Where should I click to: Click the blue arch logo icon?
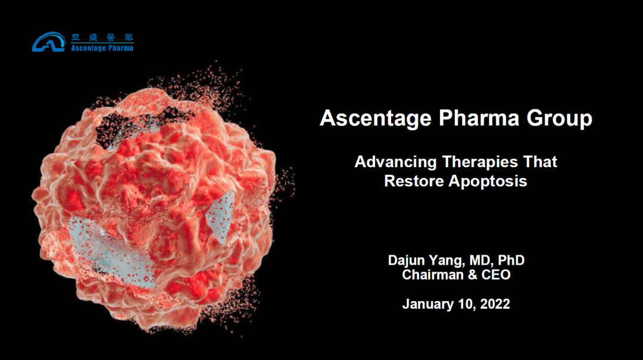click(x=49, y=42)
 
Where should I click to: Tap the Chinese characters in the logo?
click(x=102, y=37)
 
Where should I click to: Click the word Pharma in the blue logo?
click(x=120, y=48)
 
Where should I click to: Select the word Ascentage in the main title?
click(x=376, y=118)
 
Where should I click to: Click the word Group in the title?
click(x=559, y=118)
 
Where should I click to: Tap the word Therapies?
click(x=480, y=162)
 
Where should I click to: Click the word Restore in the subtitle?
click(x=414, y=181)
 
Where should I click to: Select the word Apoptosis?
click(x=488, y=181)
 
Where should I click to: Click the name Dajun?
click(x=407, y=261)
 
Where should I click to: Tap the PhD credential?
click(x=511, y=260)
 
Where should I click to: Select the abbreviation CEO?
click(x=496, y=275)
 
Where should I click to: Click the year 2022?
click(x=495, y=304)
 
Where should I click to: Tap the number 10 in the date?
click(x=467, y=304)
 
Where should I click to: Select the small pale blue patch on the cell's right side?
click(x=221, y=217)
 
